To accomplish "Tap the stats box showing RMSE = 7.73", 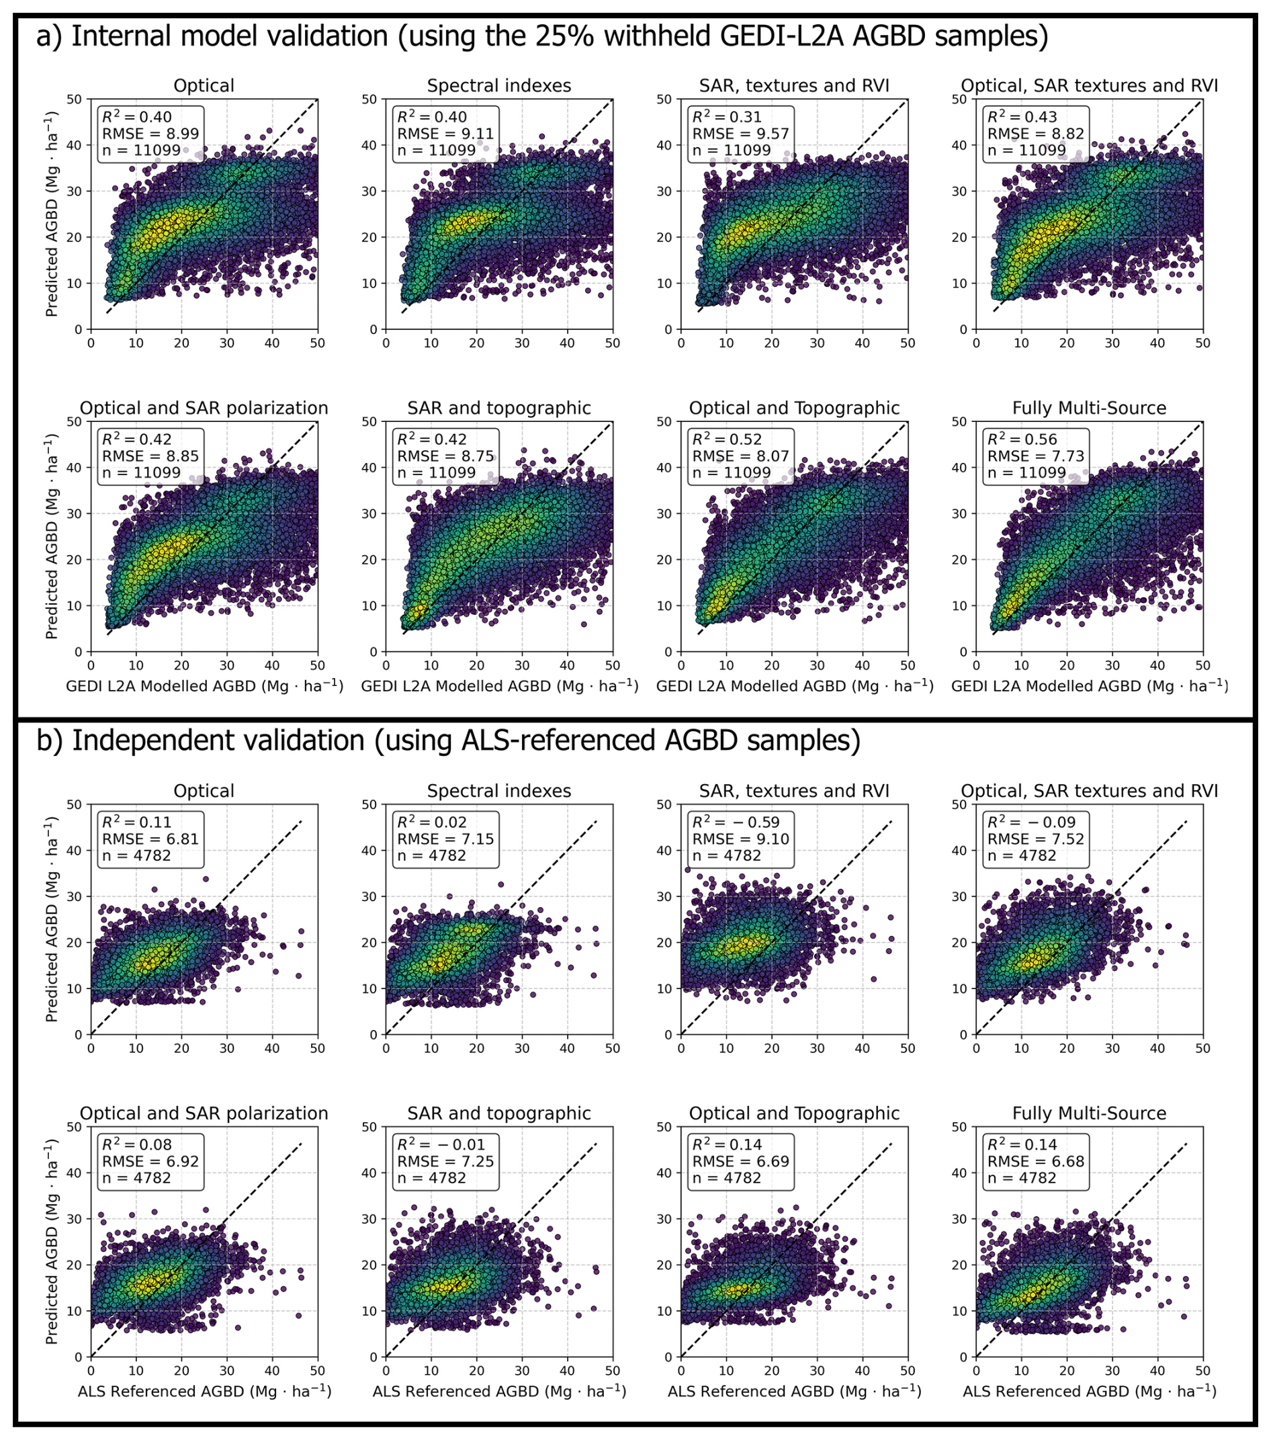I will click(x=1036, y=456).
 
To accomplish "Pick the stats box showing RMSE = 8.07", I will click(x=741, y=456).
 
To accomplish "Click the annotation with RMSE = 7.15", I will click(x=446, y=839).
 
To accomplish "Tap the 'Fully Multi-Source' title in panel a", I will click(x=1090, y=408).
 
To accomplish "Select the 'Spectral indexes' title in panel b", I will click(x=499, y=791).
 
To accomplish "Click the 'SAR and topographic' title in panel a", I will click(x=499, y=408).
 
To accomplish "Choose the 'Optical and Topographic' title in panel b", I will click(x=794, y=1113).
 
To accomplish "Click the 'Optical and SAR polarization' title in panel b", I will click(x=204, y=1113).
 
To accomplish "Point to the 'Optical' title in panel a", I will click(x=204, y=86).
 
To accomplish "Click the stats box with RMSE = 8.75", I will click(x=446, y=456).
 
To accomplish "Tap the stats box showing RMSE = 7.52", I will click(x=1036, y=839).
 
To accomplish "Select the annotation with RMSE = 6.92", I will click(x=150, y=1161).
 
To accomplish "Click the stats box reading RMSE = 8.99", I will click(x=150, y=134).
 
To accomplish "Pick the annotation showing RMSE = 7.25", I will click(x=446, y=1161).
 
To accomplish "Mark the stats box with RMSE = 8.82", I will click(x=1036, y=134).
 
